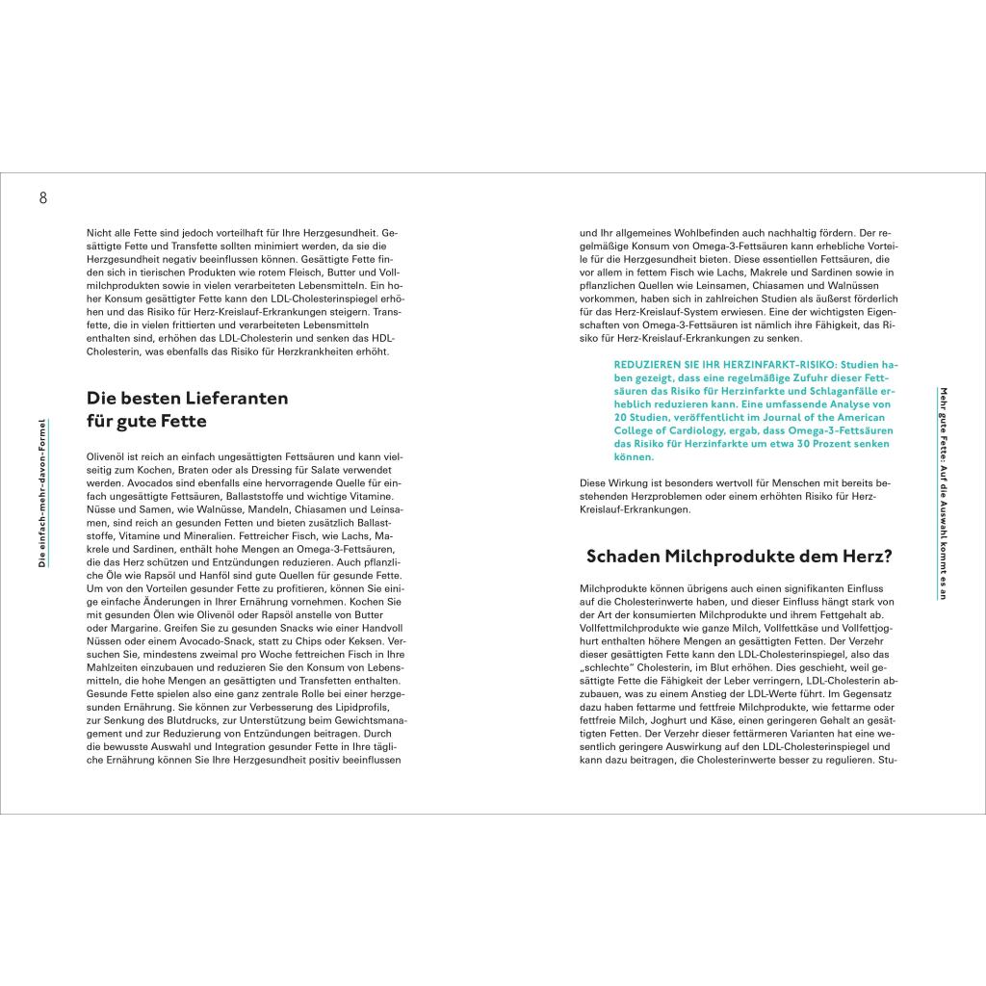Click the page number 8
coord(42,198)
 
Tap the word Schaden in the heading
coord(627,556)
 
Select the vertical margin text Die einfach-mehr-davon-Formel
coord(42,492)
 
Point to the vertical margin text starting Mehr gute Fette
coord(944,492)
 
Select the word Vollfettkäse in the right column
coord(747,626)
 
